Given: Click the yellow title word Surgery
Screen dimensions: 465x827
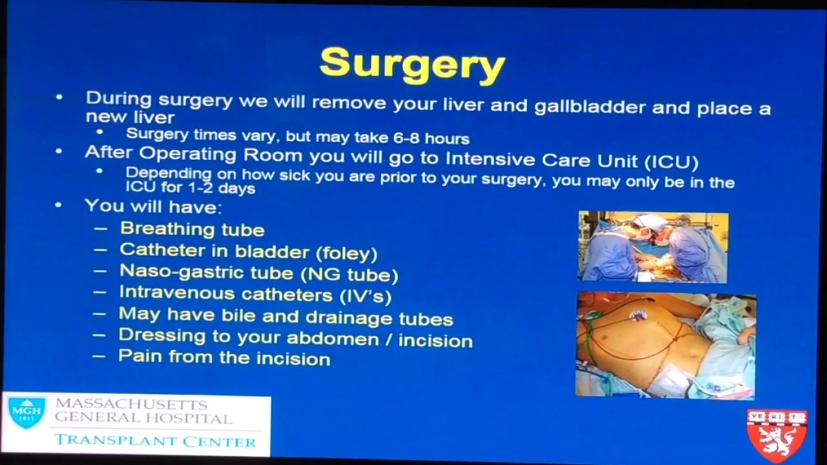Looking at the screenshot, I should [412, 64].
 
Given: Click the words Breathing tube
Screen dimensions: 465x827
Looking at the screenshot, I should [192, 229].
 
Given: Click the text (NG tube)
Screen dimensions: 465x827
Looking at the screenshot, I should [349, 274].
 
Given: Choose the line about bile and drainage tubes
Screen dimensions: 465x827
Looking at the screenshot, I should [285, 317].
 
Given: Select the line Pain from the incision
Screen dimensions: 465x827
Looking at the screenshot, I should [224, 358].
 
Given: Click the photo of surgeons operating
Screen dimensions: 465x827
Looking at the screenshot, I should [653, 247].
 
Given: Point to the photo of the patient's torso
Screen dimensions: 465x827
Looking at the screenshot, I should [665, 345].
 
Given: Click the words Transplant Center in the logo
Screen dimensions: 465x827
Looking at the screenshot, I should [155, 442].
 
